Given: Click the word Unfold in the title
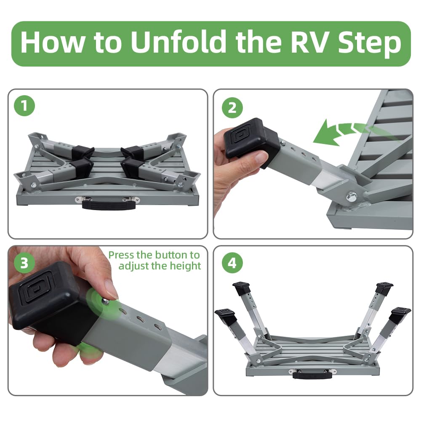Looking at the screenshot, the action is pos(179,43).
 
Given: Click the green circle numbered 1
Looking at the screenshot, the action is pos(24,106).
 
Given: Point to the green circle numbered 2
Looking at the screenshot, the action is pos(232,108).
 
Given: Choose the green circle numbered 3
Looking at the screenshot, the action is pos(24,263).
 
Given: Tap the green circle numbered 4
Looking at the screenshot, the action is pos(232,263).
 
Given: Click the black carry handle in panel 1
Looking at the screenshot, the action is pos(109,204).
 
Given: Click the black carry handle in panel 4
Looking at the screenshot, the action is pos(312,375).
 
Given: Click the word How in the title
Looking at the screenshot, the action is pos(52,43).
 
